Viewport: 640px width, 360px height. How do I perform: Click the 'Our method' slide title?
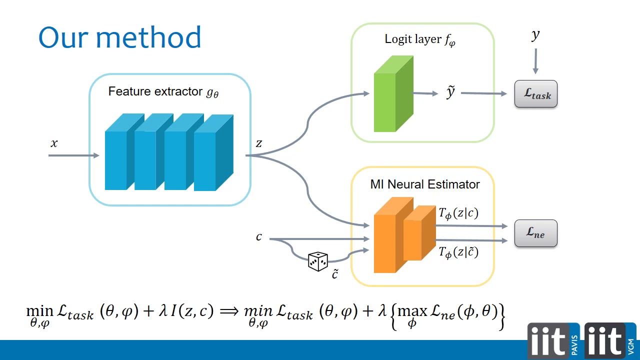click(120, 37)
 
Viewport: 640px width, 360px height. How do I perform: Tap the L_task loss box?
click(535, 93)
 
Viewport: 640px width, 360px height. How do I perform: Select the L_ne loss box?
click(535, 233)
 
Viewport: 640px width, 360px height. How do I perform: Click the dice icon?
click(317, 261)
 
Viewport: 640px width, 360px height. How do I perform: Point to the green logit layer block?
click(393, 93)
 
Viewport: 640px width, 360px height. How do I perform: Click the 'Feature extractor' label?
click(155, 91)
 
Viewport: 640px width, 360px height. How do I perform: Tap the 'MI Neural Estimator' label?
click(425, 184)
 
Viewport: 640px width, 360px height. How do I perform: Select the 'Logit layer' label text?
click(413, 39)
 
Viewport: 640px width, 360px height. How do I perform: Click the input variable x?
click(54, 143)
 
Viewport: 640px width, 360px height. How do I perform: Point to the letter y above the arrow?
click(535, 35)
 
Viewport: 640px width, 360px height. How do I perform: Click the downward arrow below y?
click(535, 61)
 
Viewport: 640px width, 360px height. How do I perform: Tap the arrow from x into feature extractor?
click(73, 155)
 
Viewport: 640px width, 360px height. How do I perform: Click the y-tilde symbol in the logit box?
click(450, 91)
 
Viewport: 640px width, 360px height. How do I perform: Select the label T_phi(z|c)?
click(458, 213)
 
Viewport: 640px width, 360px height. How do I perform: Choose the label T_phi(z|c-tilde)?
click(458, 252)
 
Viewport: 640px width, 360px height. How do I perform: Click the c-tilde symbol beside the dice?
click(335, 273)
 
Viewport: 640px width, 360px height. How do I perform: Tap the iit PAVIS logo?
click(553, 340)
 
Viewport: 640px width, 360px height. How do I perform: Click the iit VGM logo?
click(610, 340)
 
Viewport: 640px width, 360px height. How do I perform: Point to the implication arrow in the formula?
click(229, 311)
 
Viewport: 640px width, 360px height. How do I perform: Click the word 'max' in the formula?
click(412, 311)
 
